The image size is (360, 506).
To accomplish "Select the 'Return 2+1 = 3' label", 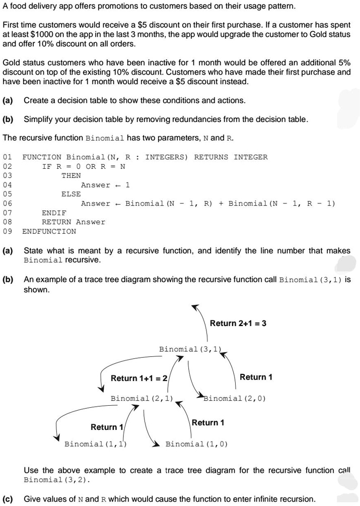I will pyautogui.click(x=238, y=323).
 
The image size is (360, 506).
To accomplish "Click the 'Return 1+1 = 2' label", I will pyautogui.click(x=138, y=378).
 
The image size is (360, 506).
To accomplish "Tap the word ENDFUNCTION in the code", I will pyautogui.click(x=49, y=231).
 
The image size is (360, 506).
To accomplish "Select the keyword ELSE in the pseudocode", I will pyautogui.click(x=71, y=194).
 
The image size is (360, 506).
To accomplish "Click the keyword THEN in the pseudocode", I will pyautogui.click(x=71, y=175).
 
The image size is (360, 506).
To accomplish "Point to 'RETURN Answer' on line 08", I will pyautogui.click(x=74, y=222).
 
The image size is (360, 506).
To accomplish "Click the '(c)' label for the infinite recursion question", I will pyautogui.click(x=8, y=499).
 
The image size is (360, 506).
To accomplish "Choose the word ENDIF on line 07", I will pyautogui.click(x=54, y=213).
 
